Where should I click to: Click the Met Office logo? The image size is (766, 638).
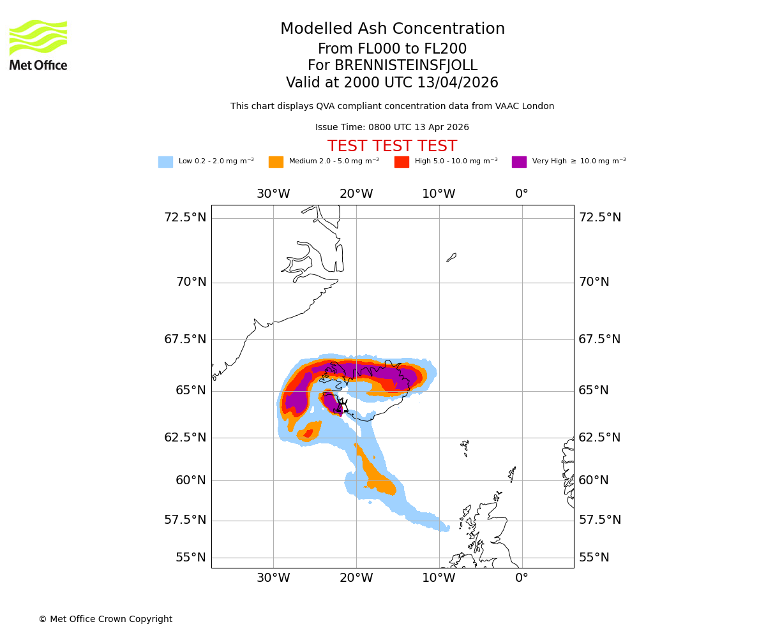(38, 45)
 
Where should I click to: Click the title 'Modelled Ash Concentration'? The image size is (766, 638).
(392, 29)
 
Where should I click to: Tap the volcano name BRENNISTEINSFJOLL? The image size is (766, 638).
(392, 66)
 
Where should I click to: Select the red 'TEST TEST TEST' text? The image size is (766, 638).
(392, 146)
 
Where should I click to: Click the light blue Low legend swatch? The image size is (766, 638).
(165, 162)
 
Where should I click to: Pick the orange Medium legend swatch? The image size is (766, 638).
(276, 162)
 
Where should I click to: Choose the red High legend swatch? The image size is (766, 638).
(402, 162)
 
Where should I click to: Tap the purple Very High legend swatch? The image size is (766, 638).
(519, 162)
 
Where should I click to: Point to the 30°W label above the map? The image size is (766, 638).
(273, 194)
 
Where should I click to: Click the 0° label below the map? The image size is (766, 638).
(522, 578)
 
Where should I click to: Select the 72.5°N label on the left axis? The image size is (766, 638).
(185, 218)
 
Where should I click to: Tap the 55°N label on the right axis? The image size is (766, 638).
(594, 558)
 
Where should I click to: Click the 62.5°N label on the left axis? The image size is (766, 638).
(185, 438)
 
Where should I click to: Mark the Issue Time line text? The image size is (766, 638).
(392, 128)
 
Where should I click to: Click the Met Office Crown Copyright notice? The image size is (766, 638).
(105, 619)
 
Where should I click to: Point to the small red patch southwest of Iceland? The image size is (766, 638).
(308, 434)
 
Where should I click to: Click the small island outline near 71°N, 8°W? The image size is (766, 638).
(451, 258)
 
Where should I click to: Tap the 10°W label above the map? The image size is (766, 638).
(439, 194)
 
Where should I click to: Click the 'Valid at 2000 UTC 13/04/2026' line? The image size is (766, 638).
(392, 83)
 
